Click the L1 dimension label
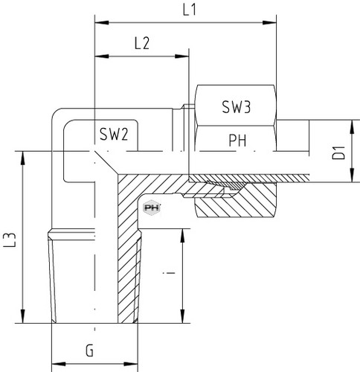tap(190, 10)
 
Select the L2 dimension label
tap(142, 43)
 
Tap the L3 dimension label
tap(10, 240)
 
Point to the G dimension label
tap(89, 351)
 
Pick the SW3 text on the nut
tap(237, 107)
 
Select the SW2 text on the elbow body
tap(114, 134)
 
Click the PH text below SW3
tap(237, 141)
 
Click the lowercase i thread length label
tap(169, 273)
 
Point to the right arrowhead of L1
tap(269, 23)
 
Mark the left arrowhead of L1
tap(102, 23)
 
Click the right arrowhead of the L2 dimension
tap(182, 57)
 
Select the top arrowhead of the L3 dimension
tap(23, 158)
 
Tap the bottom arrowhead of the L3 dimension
tap(23, 316)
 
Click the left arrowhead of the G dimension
tap(59, 364)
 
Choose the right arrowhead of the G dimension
tap(131, 364)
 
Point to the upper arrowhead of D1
tap(352, 127)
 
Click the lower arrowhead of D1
tap(352, 176)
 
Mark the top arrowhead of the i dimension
tap(182, 236)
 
